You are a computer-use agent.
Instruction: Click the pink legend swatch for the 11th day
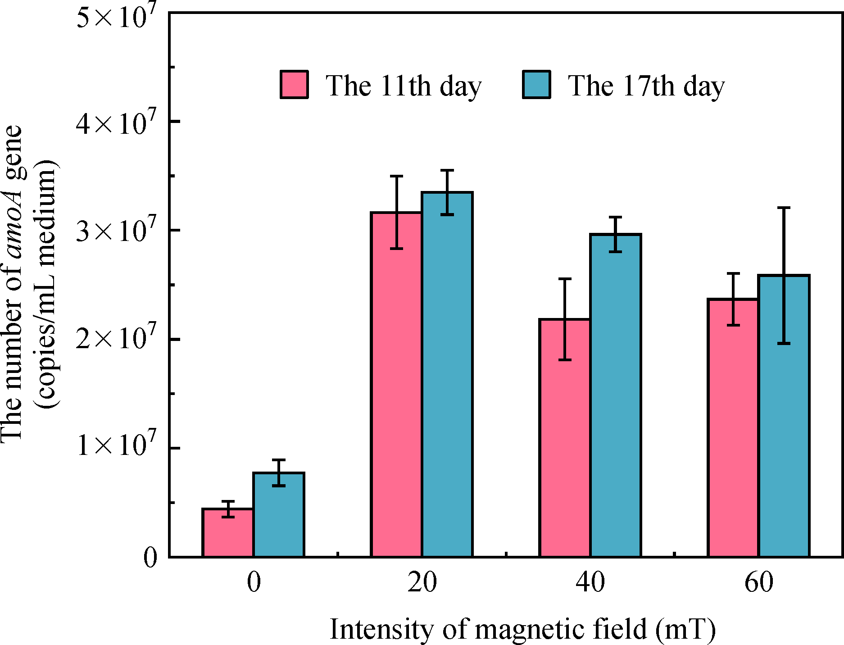(294, 84)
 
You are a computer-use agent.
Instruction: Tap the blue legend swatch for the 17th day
(536, 84)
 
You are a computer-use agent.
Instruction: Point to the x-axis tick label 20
(422, 582)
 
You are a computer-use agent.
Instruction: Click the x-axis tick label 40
(590, 582)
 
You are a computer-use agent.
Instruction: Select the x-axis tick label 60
(759, 582)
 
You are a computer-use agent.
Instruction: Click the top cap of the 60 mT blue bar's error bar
(784, 208)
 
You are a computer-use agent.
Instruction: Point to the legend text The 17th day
(646, 86)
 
